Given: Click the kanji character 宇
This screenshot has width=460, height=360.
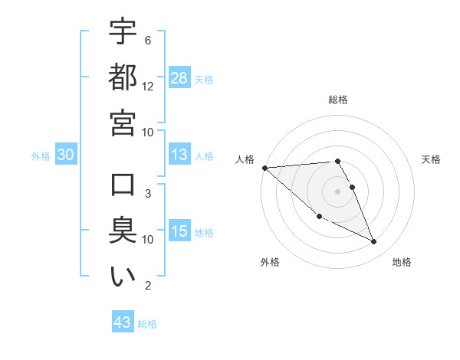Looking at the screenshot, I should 123,33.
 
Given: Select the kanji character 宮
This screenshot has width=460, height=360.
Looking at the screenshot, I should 123,122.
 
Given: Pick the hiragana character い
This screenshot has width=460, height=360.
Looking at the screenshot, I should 123,276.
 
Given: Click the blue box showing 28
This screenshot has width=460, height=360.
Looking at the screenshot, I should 179,78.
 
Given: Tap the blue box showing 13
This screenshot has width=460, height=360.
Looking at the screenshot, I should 179,155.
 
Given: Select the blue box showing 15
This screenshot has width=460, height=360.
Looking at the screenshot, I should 179,231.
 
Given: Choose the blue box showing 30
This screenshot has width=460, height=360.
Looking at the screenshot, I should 65,155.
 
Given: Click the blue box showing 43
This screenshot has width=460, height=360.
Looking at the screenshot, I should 122,322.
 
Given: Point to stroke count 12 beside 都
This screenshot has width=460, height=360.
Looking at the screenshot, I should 148,86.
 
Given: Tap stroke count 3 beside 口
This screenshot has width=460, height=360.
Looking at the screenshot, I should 148,194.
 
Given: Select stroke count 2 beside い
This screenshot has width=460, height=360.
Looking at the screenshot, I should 148,286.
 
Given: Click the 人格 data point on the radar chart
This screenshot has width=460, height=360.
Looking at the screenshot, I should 264,168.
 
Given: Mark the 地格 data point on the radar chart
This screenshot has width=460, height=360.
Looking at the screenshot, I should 374,242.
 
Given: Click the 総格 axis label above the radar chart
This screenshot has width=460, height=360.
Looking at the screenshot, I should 338,100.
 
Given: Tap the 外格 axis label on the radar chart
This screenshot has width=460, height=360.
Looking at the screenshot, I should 270,262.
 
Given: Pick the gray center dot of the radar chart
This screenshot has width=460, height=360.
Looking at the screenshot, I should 337,191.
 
